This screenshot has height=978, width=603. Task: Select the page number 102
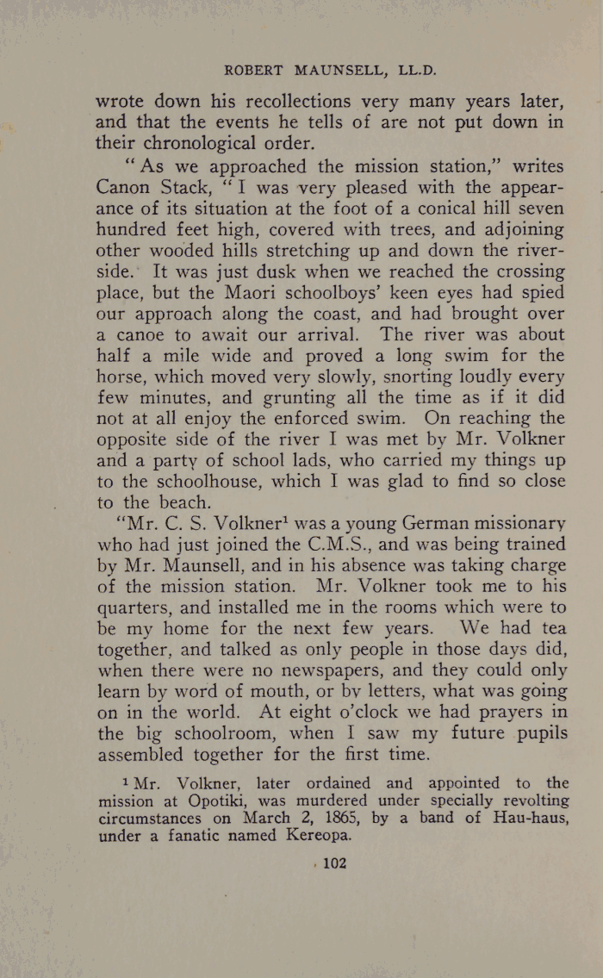[x=329, y=863]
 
